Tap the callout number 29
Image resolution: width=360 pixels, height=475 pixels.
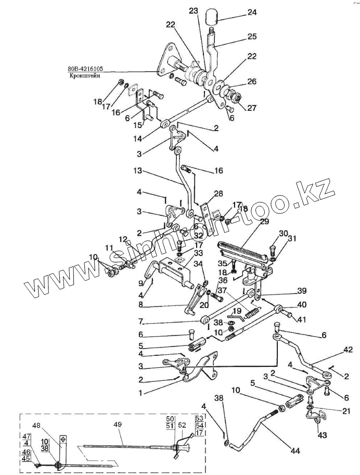[264, 222]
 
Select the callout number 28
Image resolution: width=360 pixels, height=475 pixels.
[217, 194]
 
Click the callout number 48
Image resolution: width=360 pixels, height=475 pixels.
[36, 426]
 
